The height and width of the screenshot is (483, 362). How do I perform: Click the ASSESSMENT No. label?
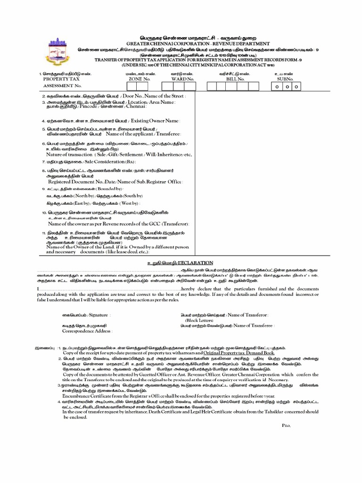[63, 86]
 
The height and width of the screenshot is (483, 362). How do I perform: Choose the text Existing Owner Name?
[155, 121]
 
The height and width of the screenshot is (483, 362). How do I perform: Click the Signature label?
[97, 314]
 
